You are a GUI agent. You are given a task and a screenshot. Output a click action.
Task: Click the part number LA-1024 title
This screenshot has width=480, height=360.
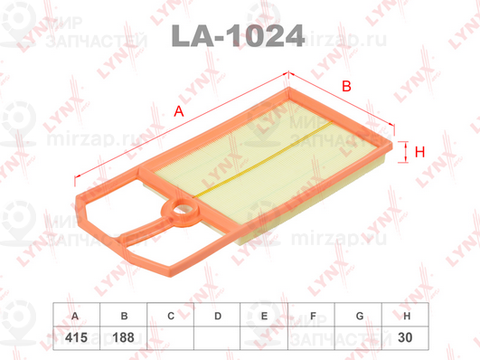237,37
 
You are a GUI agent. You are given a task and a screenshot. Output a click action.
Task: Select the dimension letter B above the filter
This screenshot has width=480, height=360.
345,86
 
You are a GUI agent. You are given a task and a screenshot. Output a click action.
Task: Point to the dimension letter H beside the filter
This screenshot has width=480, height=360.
419,153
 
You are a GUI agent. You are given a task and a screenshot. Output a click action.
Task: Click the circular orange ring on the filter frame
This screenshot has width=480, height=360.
179,215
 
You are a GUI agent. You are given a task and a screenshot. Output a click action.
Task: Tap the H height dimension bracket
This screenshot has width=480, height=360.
403,152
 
